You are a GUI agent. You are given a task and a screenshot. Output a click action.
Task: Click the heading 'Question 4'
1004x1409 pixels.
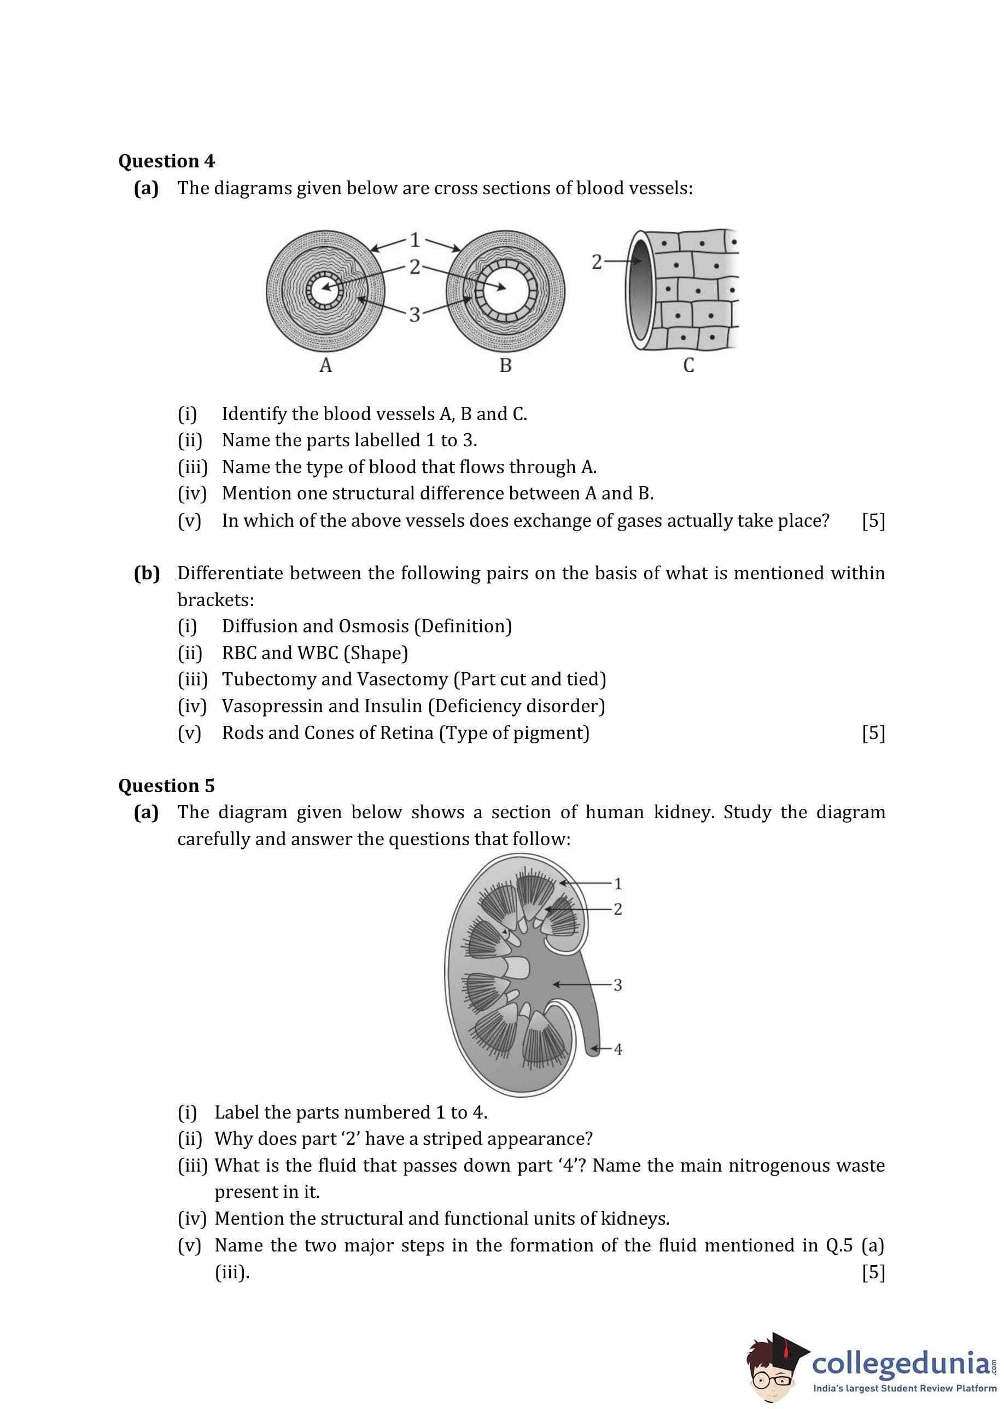coord(166,161)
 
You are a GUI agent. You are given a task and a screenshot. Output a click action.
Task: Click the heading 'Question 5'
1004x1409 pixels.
coord(166,785)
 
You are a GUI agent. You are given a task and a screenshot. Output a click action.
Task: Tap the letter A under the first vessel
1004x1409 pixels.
coord(325,365)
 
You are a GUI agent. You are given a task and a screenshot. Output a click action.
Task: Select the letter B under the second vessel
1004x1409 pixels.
coord(505,365)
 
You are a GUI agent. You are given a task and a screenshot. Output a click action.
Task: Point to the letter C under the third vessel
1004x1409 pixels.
coord(688,365)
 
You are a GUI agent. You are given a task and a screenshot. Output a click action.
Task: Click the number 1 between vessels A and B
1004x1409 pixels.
coord(415,239)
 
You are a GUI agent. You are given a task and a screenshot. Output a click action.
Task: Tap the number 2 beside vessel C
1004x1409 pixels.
coord(596,262)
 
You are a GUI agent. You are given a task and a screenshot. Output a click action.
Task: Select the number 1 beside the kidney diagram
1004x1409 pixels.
coord(617,883)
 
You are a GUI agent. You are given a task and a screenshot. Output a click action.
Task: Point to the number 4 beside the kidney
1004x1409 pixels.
coord(617,1049)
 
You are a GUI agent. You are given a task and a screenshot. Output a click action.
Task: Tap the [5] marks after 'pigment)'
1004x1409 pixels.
coord(873,733)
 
